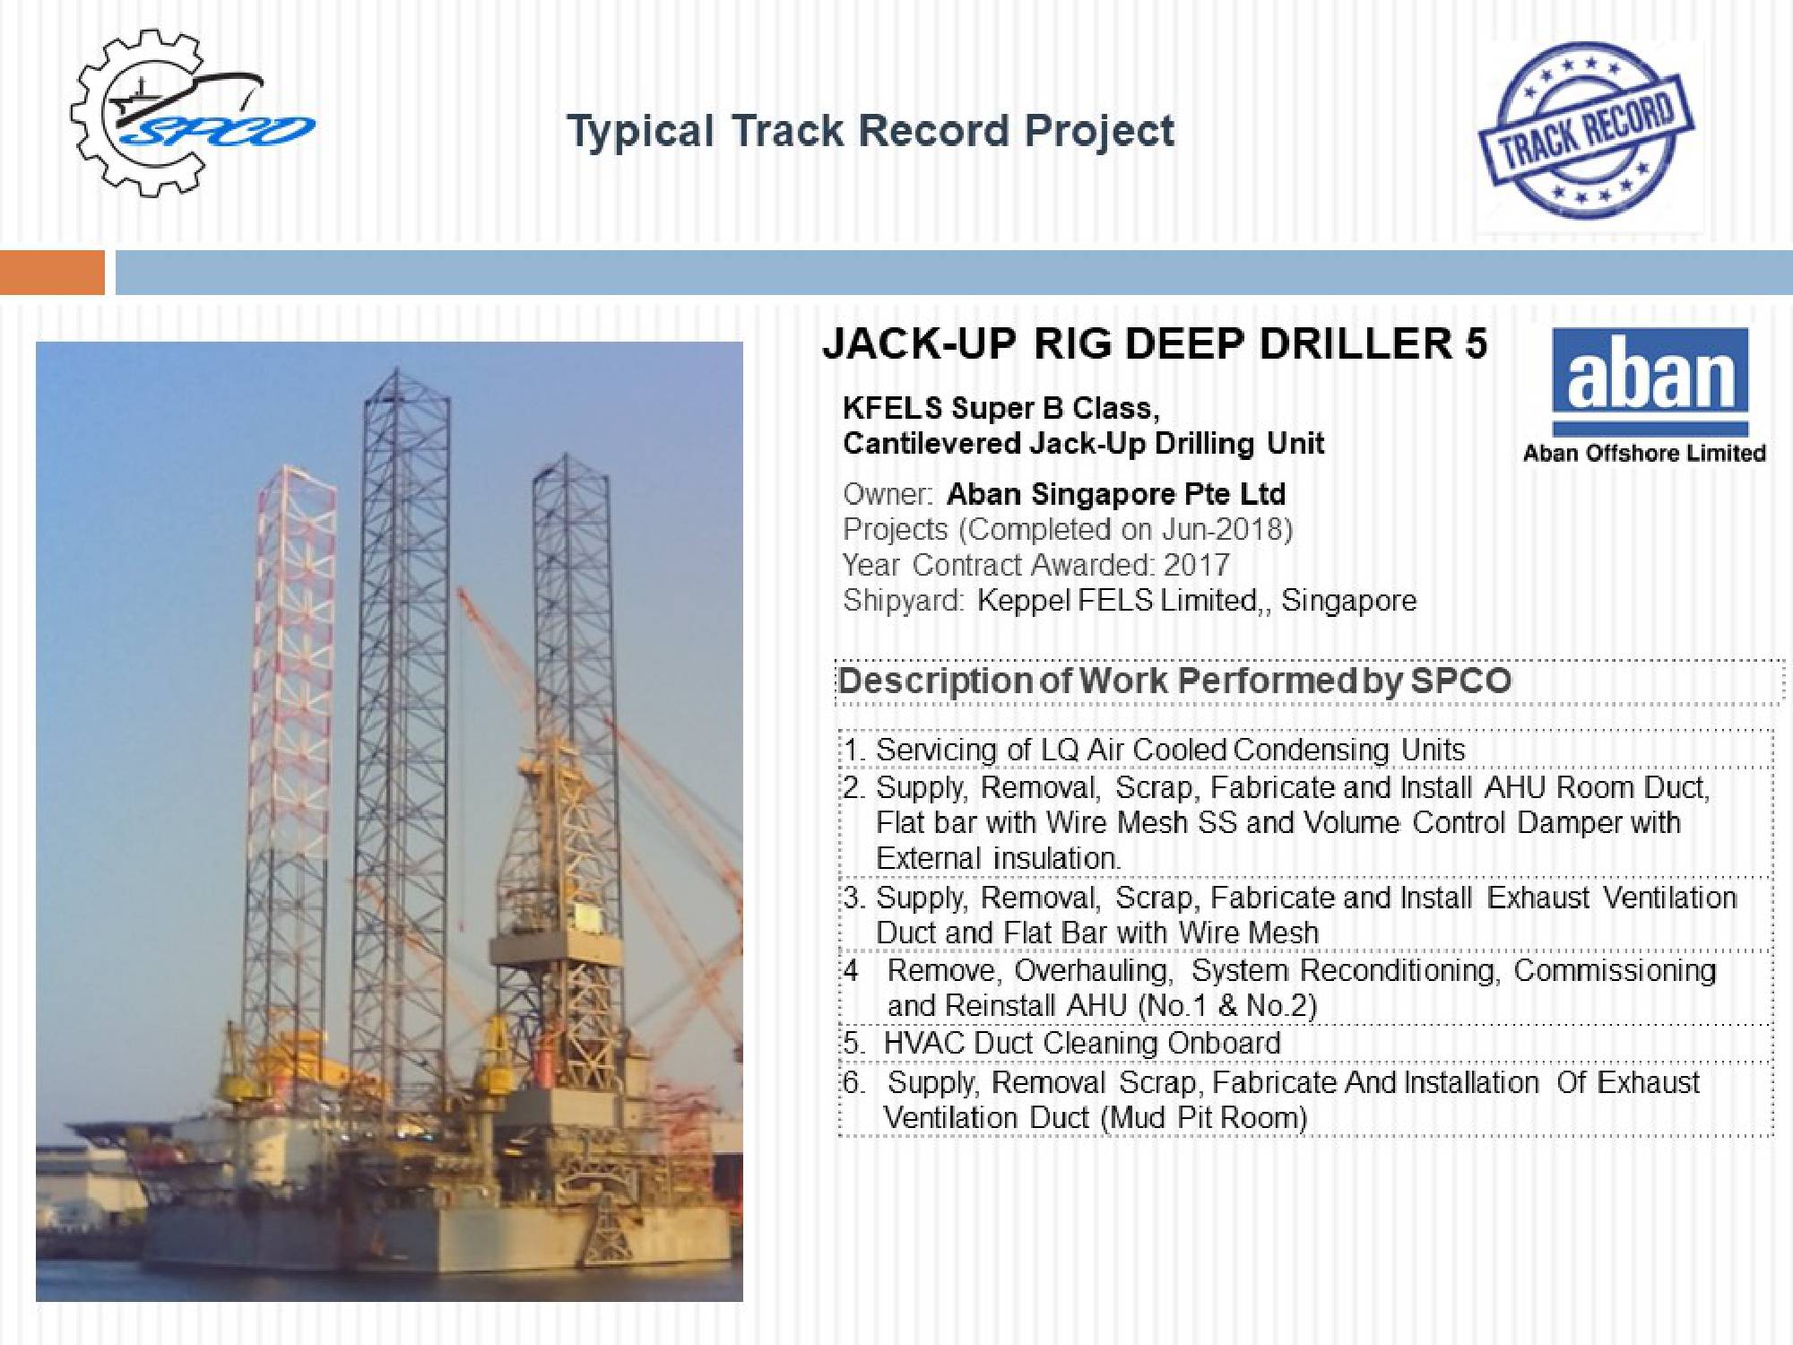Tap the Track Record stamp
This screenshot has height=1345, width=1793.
pos(1585,130)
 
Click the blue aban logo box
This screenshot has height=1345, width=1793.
pos(1650,381)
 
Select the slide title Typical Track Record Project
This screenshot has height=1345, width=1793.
pos(871,132)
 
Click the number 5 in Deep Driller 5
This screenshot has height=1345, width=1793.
pos(1476,343)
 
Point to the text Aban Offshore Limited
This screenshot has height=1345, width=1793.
pos(1644,453)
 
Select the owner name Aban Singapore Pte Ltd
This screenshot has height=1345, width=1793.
pos(1116,494)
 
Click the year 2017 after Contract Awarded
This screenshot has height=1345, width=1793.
pos(1197,565)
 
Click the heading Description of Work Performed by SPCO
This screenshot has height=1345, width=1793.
pos(1174,681)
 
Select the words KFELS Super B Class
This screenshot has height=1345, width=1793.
pos(1000,409)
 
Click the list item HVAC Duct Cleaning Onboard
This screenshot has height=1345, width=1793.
pos(1082,1043)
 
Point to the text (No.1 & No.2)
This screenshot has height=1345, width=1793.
pos(1226,1006)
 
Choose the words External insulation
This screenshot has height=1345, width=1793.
pos(998,858)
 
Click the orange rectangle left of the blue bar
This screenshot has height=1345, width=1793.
pos(52,273)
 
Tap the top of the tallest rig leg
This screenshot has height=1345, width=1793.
pos(395,369)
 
